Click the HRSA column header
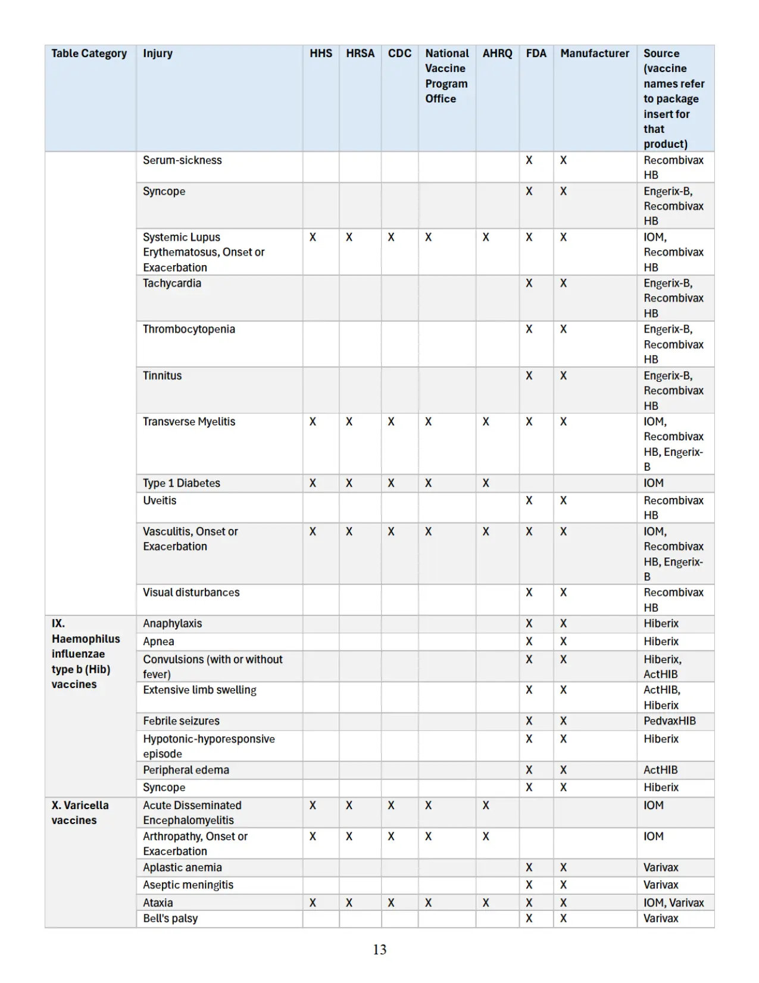click(360, 54)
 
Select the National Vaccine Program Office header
click(446, 76)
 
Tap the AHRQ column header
click(497, 54)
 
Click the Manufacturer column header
click(594, 54)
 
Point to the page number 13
click(380, 950)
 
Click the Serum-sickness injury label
click(182, 160)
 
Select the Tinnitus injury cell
click(163, 376)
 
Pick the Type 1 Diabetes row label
click(182, 483)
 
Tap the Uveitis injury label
click(160, 500)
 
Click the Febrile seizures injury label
click(181, 721)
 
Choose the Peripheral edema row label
click(186, 770)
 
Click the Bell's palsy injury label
click(170, 919)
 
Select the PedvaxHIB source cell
click(669, 721)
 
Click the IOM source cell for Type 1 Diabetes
click(653, 483)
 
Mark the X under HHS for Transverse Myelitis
click(313, 422)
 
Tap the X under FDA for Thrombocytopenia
click(529, 329)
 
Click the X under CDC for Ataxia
click(391, 903)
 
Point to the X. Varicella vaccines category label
click(80, 813)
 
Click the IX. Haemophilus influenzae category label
click(85, 654)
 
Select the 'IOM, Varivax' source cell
click(673, 903)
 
